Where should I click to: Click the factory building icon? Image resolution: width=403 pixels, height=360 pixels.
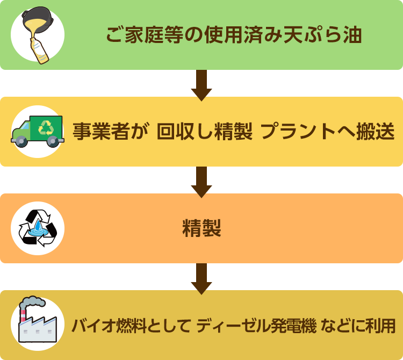coord(37,326)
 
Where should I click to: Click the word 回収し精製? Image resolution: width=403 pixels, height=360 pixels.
coord(204,132)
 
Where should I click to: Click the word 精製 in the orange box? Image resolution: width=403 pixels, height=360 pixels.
coord(201,228)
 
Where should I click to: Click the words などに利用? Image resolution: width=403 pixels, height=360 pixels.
coord(358,325)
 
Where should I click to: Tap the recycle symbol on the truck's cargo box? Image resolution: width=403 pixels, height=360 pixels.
coord(46,127)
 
